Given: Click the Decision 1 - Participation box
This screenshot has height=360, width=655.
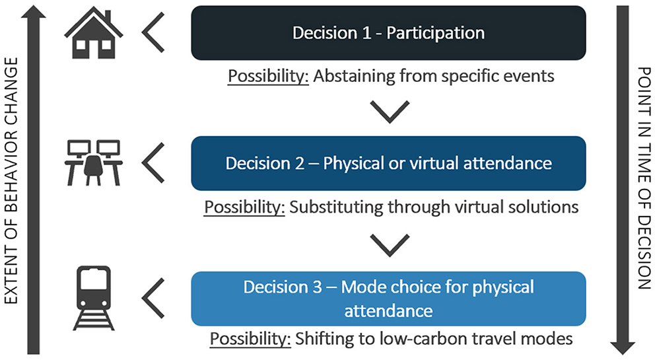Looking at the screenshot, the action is pyautogui.click(x=388, y=33).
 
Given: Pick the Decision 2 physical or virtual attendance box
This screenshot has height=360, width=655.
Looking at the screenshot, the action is pyautogui.click(x=388, y=162).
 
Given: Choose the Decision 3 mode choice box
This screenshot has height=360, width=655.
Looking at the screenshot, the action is pyautogui.click(x=388, y=299).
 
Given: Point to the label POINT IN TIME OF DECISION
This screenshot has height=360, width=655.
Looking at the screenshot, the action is pyautogui.click(x=644, y=180).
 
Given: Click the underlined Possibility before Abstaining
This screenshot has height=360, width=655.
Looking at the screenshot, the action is pyautogui.click(x=269, y=76).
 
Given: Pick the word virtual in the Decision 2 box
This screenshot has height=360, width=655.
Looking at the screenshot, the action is pyautogui.click(x=440, y=162).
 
